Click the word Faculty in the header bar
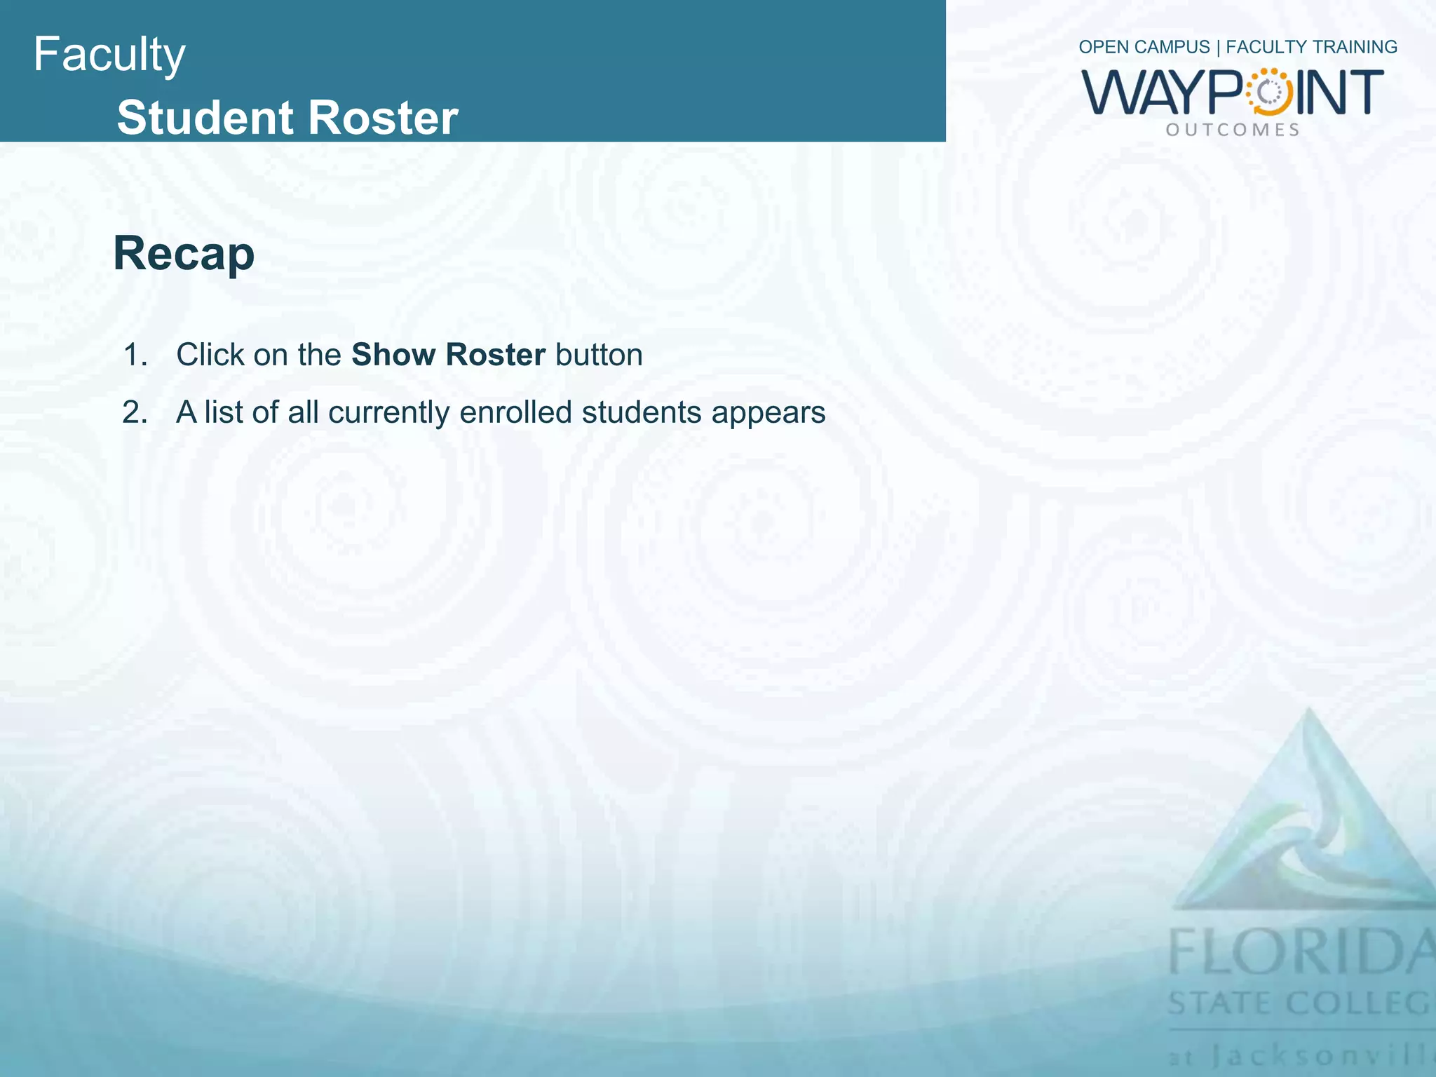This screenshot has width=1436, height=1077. [x=109, y=55]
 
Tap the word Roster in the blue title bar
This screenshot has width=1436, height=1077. [x=383, y=117]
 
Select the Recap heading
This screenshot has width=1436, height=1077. [x=184, y=253]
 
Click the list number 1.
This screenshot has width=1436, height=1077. [x=135, y=355]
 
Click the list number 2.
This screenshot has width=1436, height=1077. [x=135, y=412]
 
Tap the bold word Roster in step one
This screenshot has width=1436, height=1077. [x=495, y=355]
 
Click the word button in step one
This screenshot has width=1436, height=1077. [x=599, y=355]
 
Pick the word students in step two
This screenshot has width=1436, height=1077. [x=641, y=412]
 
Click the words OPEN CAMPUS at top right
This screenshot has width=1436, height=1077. [x=1144, y=47]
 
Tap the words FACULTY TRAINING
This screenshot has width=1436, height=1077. [x=1311, y=47]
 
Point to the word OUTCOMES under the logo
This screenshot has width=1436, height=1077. [x=1233, y=130]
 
